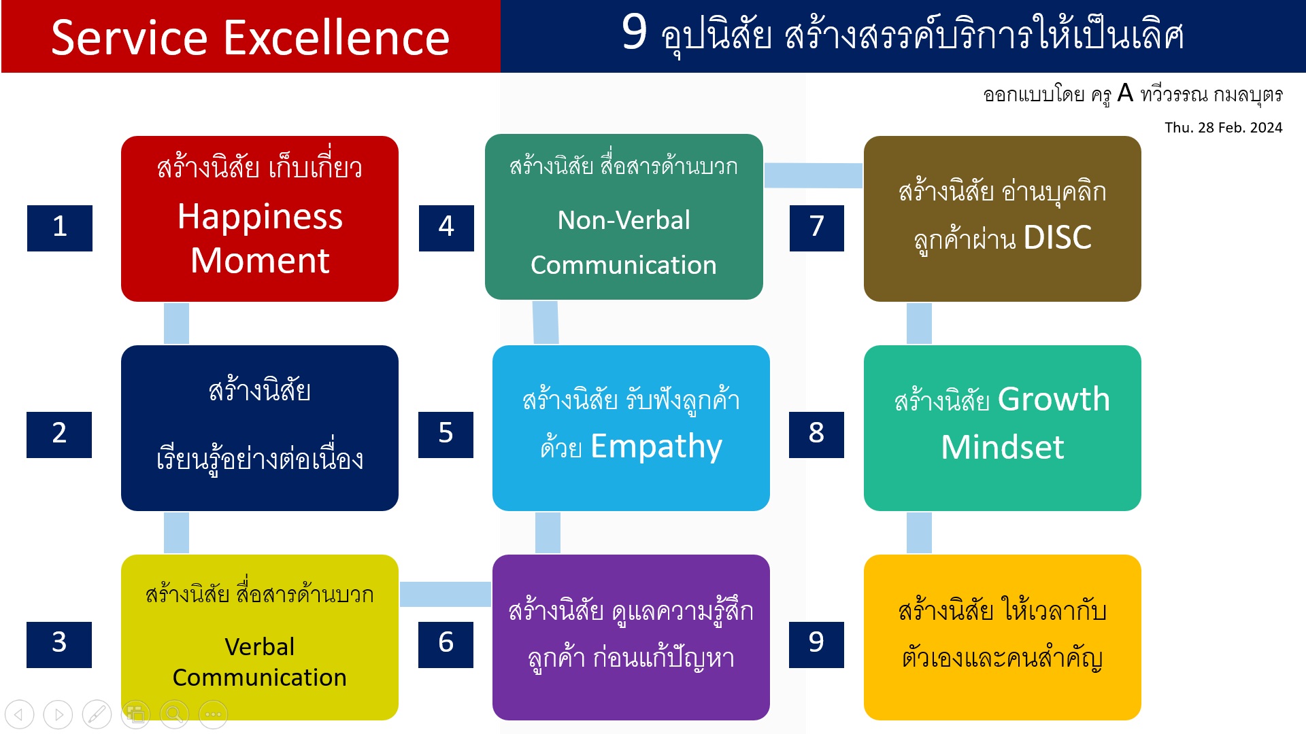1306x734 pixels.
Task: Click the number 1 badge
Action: (60, 228)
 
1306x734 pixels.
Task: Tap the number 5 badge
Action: (446, 435)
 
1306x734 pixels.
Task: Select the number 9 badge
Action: (816, 644)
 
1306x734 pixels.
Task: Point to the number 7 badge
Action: (817, 228)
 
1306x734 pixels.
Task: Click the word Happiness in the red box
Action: (260, 217)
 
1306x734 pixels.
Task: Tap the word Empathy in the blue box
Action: (656, 447)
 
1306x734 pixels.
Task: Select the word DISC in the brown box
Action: (1057, 238)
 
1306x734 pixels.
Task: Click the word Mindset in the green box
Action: (1002, 447)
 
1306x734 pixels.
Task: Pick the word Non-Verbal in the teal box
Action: (624, 220)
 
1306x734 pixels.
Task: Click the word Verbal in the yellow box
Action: (260, 646)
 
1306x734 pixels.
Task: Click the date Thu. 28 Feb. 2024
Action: (1223, 128)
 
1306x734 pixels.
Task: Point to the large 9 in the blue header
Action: (634, 32)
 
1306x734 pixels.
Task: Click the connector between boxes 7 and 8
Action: (919, 324)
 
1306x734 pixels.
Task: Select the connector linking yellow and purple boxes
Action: (446, 594)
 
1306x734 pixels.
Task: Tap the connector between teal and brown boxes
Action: (814, 175)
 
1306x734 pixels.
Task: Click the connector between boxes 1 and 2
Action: (176, 324)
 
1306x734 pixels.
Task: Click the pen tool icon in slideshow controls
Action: (97, 714)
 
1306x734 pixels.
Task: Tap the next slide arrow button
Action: (58, 714)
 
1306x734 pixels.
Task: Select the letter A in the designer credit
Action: (1125, 92)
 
